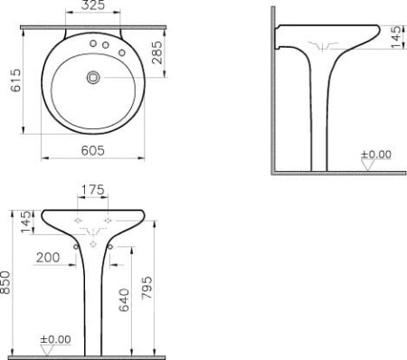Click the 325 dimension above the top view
pos(93,5)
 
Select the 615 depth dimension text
pos(15,81)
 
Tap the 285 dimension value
pos(157,52)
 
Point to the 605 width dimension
pos(93,150)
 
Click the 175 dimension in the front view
pos(93,190)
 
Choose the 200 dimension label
pos(48,258)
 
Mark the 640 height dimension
pos(124,300)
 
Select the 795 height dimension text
pos(147,288)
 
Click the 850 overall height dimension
pos(5,282)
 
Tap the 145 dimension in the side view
pos(396,37)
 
